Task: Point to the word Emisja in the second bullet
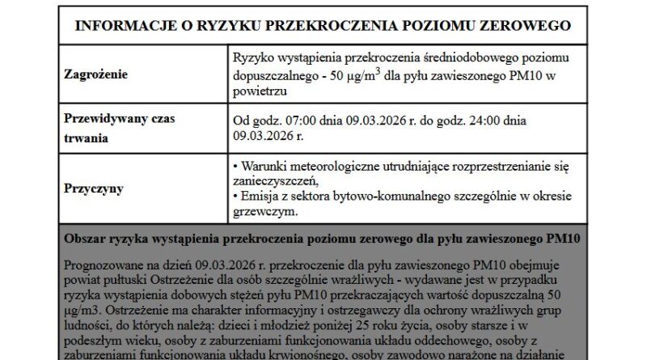click(259, 197)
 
